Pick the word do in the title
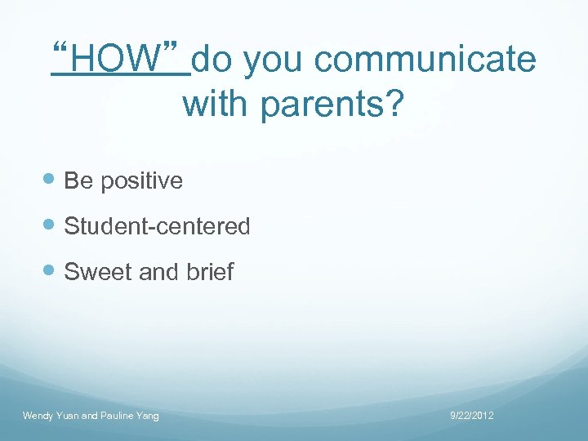coord(214,60)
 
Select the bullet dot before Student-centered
coord(51,226)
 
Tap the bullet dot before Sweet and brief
coord(51,272)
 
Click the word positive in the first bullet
coord(141,180)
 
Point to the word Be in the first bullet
coord(78,180)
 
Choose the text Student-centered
coord(157,226)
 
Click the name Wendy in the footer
coord(38,416)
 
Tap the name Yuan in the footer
coord(68,416)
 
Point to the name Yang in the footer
coord(149,416)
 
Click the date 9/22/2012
coord(472,416)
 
